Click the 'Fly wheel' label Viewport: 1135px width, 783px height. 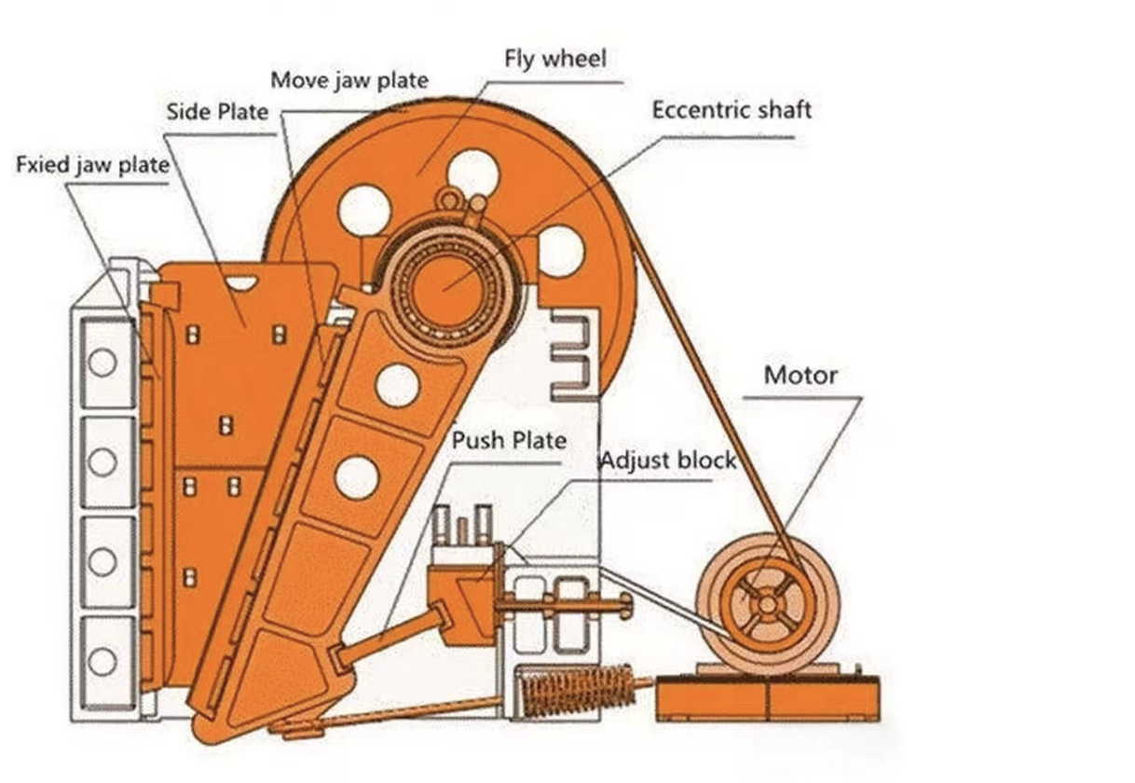(554, 60)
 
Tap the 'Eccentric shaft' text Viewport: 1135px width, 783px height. (732, 110)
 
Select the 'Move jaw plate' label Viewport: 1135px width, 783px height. (349, 80)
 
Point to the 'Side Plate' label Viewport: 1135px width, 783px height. (217, 113)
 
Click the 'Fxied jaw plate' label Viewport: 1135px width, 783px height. (92, 166)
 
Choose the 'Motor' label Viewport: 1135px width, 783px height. (800, 376)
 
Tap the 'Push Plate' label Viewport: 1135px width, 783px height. (509, 439)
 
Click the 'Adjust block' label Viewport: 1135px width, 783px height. (666, 460)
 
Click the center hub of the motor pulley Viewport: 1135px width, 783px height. (766, 604)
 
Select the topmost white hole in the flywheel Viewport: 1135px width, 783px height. (473, 174)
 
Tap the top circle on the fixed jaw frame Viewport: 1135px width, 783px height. (103, 363)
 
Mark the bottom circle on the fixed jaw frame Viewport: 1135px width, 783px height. (103, 662)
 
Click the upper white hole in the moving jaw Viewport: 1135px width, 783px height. (397, 385)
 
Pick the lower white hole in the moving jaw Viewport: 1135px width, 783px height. (357, 477)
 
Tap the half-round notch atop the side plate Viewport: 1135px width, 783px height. (241, 282)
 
